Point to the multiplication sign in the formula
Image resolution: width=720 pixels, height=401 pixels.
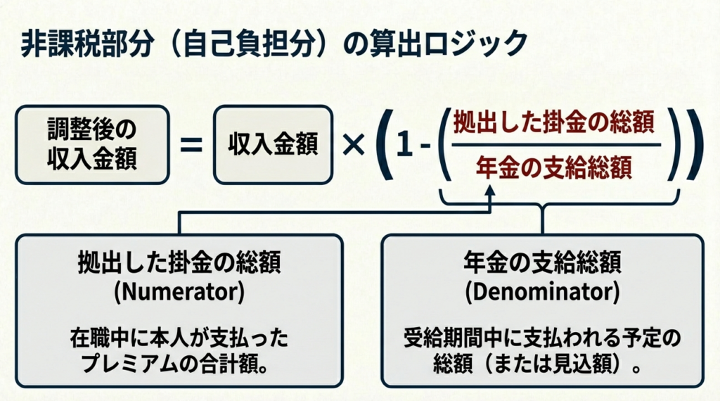pyautogui.click(x=353, y=145)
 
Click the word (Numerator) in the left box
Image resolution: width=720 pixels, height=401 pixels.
pyautogui.click(x=179, y=293)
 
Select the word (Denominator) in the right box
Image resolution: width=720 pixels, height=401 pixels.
pyautogui.click(x=542, y=293)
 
